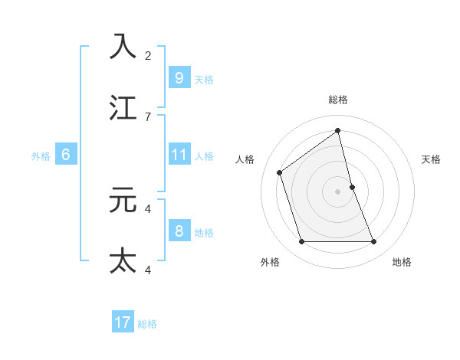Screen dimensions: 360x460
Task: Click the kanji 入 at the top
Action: [x=123, y=46]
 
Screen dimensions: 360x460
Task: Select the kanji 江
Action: [x=123, y=107]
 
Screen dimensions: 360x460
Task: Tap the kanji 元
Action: [x=123, y=200]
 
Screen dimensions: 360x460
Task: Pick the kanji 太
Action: [x=123, y=260]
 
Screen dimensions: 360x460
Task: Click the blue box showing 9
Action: [x=179, y=77]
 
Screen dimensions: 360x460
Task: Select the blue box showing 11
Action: [x=179, y=155]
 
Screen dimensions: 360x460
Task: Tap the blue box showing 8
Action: [x=179, y=231]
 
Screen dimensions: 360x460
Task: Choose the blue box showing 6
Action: [x=66, y=155]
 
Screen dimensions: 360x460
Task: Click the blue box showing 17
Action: [x=123, y=322]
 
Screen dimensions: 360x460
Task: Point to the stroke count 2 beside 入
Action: [x=148, y=55]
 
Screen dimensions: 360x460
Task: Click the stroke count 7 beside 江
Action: [x=148, y=116]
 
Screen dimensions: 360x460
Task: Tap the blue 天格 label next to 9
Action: [x=204, y=79]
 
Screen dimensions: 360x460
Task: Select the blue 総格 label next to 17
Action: [x=147, y=324]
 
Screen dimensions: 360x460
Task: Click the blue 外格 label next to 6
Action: [x=41, y=156]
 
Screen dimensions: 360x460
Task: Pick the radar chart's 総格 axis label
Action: [x=338, y=100]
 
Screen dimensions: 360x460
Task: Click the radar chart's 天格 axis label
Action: [x=431, y=159]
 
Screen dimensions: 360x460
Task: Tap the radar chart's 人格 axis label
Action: [x=245, y=159]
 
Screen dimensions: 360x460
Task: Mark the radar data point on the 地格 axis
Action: [x=374, y=242]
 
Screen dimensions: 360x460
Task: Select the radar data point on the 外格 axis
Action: [x=301, y=242]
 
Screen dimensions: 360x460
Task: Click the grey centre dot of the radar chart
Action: [x=338, y=191]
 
